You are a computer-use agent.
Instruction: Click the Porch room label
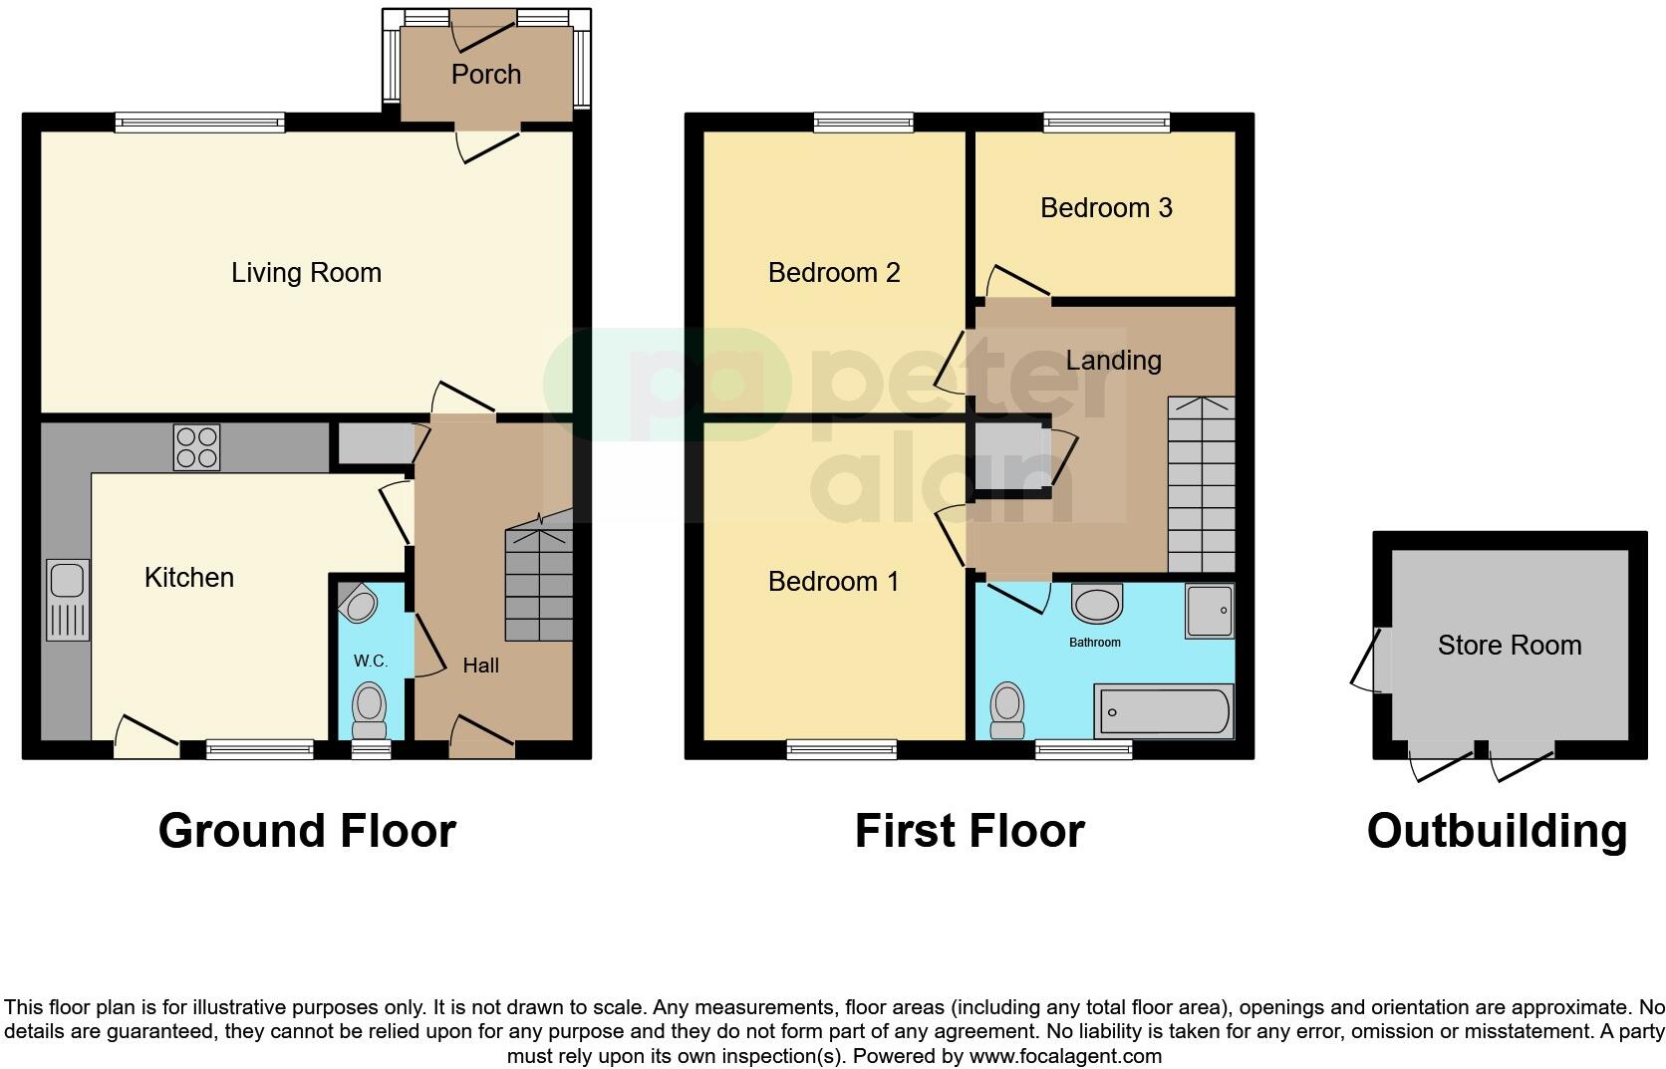click(x=485, y=74)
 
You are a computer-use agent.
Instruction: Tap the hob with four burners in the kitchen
click(x=196, y=446)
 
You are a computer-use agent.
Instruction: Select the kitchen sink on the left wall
click(x=68, y=600)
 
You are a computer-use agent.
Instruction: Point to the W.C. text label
click(x=370, y=661)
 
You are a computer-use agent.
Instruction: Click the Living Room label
click(x=306, y=272)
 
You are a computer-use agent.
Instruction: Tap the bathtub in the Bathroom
click(x=1163, y=711)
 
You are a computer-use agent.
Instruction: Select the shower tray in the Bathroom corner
click(x=1209, y=610)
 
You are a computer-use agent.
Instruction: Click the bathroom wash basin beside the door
click(x=1096, y=604)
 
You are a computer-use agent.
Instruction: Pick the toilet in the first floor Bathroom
click(x=1007, y=708)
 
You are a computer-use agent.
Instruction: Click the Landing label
click(x=1113, y=360)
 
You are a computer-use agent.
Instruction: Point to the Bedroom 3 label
click(x=1105, y=207)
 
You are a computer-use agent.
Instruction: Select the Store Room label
click(x=1509, y=645)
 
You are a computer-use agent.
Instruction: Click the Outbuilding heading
click(x=1496, y=830)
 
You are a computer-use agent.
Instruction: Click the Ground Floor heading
click(x=307, y=830)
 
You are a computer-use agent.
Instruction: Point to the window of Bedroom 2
click(x=863, y=123)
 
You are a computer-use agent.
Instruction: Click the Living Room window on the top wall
click(x=199, y=123)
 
